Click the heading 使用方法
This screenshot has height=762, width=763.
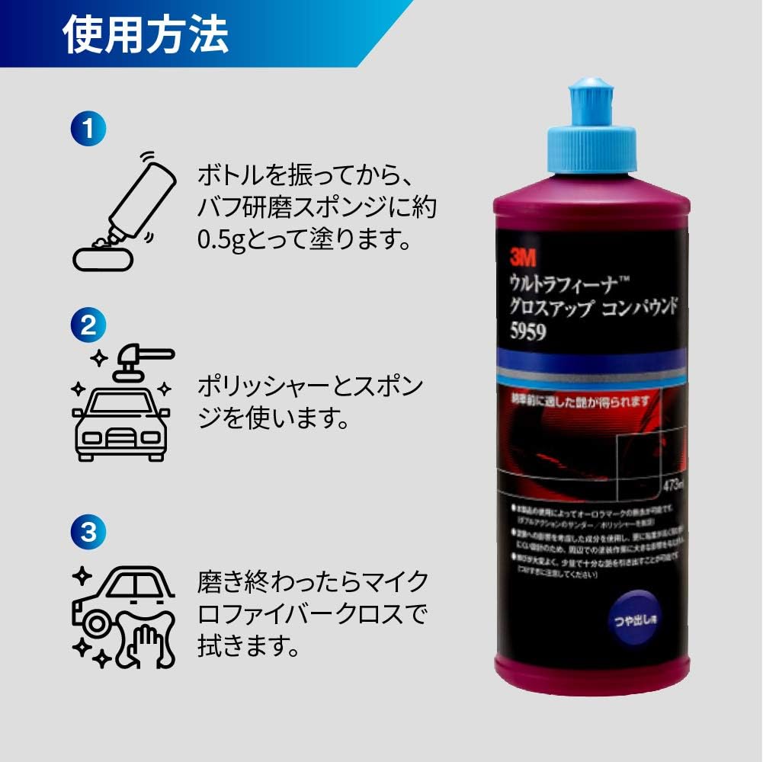[x=146, y=35]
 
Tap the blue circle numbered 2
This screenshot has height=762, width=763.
[x=89, y=326]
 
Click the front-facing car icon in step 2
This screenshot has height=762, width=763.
[x=120, y=427]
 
